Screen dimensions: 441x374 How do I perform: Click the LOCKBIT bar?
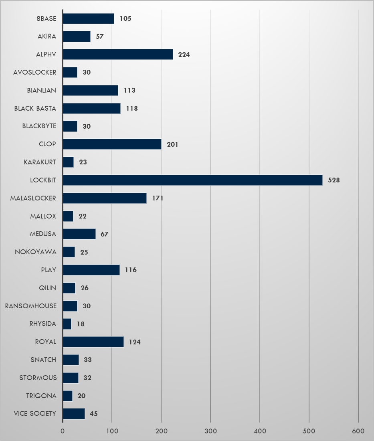(x=192, y=180)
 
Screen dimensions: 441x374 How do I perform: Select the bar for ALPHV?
(x=118, y=54)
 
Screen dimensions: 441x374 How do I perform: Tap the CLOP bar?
(x=112, y=144)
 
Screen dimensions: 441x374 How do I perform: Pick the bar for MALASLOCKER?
(x=105, y=198)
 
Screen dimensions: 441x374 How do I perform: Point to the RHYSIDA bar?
(x=67, y=324)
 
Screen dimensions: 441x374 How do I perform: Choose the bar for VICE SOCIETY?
(x=74, y=414)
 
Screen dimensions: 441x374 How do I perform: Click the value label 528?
(x=334, y=180)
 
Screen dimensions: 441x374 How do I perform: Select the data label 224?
(x=184, y=55)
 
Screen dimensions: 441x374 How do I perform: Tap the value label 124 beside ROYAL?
(x=135, y=342)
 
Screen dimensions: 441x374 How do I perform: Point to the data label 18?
(x=81, y=324)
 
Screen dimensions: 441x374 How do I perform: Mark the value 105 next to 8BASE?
(x=125, y=18)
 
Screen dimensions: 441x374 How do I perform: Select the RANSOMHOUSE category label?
(x=30, y=306)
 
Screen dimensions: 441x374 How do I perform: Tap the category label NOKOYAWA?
(x=36, y=252)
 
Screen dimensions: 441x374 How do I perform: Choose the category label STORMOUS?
(x=38, y=378)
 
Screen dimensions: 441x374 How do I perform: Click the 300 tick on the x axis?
(x=210, y=431)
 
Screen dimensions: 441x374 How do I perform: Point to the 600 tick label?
(x=358, y=431)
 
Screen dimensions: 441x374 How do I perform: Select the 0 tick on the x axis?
(x=63, y=431)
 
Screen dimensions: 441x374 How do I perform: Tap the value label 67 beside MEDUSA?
(x=105, y=234)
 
